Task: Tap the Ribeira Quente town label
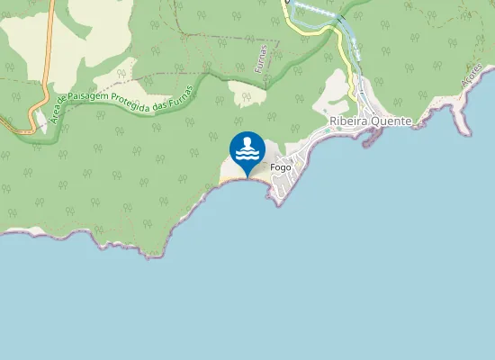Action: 371,121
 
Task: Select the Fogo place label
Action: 279,167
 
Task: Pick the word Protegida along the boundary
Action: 135,104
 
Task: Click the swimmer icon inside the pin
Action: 247,148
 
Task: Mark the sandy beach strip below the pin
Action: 241,179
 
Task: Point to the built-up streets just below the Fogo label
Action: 282,186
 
